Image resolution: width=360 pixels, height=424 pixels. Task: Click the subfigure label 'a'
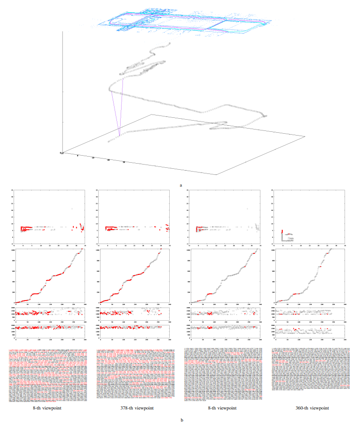click(180, 186)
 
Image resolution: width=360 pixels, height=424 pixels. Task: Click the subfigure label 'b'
click(180, 419)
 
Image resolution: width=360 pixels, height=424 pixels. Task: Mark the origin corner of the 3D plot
click(63, 153)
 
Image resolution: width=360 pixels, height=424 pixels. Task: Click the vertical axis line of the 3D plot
click(62, 93)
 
